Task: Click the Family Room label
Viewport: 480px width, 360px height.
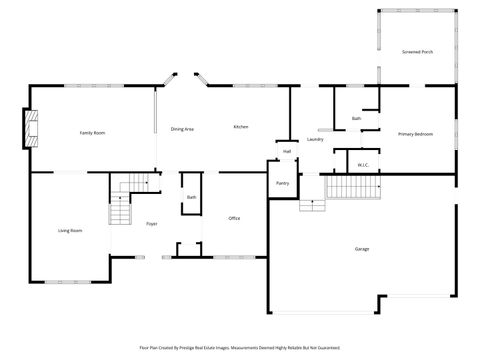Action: [93, 133]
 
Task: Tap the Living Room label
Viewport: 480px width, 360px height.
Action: [69, 231]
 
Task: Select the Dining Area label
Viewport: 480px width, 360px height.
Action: [182, 129]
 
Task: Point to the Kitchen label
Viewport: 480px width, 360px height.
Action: [241, 127]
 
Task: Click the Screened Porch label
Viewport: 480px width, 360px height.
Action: [417, 52]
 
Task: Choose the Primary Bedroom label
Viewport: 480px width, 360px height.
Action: [415, 133]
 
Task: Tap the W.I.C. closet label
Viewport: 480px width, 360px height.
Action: [364, 165]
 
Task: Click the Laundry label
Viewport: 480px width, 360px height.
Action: [315, 139]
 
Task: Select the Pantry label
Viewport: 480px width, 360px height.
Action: [282, 183]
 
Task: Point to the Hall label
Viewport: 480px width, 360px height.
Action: [287, 152]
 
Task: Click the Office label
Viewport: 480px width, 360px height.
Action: [234, 218]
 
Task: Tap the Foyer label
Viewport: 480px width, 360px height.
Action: [152, 224]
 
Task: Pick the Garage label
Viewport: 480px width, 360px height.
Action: [362, 248]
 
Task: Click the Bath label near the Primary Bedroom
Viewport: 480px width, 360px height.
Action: [356, 119]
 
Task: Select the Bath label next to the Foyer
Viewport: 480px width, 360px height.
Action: [191, 197]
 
